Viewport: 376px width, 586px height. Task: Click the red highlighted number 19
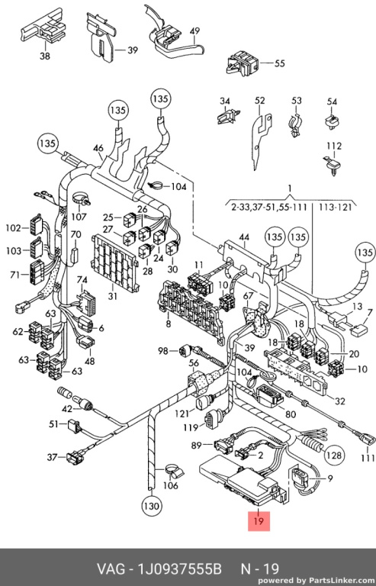point(259,521)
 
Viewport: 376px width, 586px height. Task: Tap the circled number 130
point(151,506)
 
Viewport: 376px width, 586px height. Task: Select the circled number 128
point(333,455)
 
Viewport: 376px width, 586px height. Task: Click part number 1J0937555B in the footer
point(180,568)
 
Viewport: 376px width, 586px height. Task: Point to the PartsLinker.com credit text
point(316,581)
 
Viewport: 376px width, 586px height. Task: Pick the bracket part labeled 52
point(262,141)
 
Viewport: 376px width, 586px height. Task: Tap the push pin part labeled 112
point(332,165)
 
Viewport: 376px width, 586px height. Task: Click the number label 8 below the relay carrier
point(169,324)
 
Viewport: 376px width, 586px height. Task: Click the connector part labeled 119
point(210,421)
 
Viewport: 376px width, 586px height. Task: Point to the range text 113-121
point(335,207)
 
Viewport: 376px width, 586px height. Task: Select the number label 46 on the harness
point(98,148)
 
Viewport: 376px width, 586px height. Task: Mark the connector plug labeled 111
point(367,437)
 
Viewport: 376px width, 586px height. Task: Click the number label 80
point(290,414)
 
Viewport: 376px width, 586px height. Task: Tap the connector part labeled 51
point(73,426)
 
